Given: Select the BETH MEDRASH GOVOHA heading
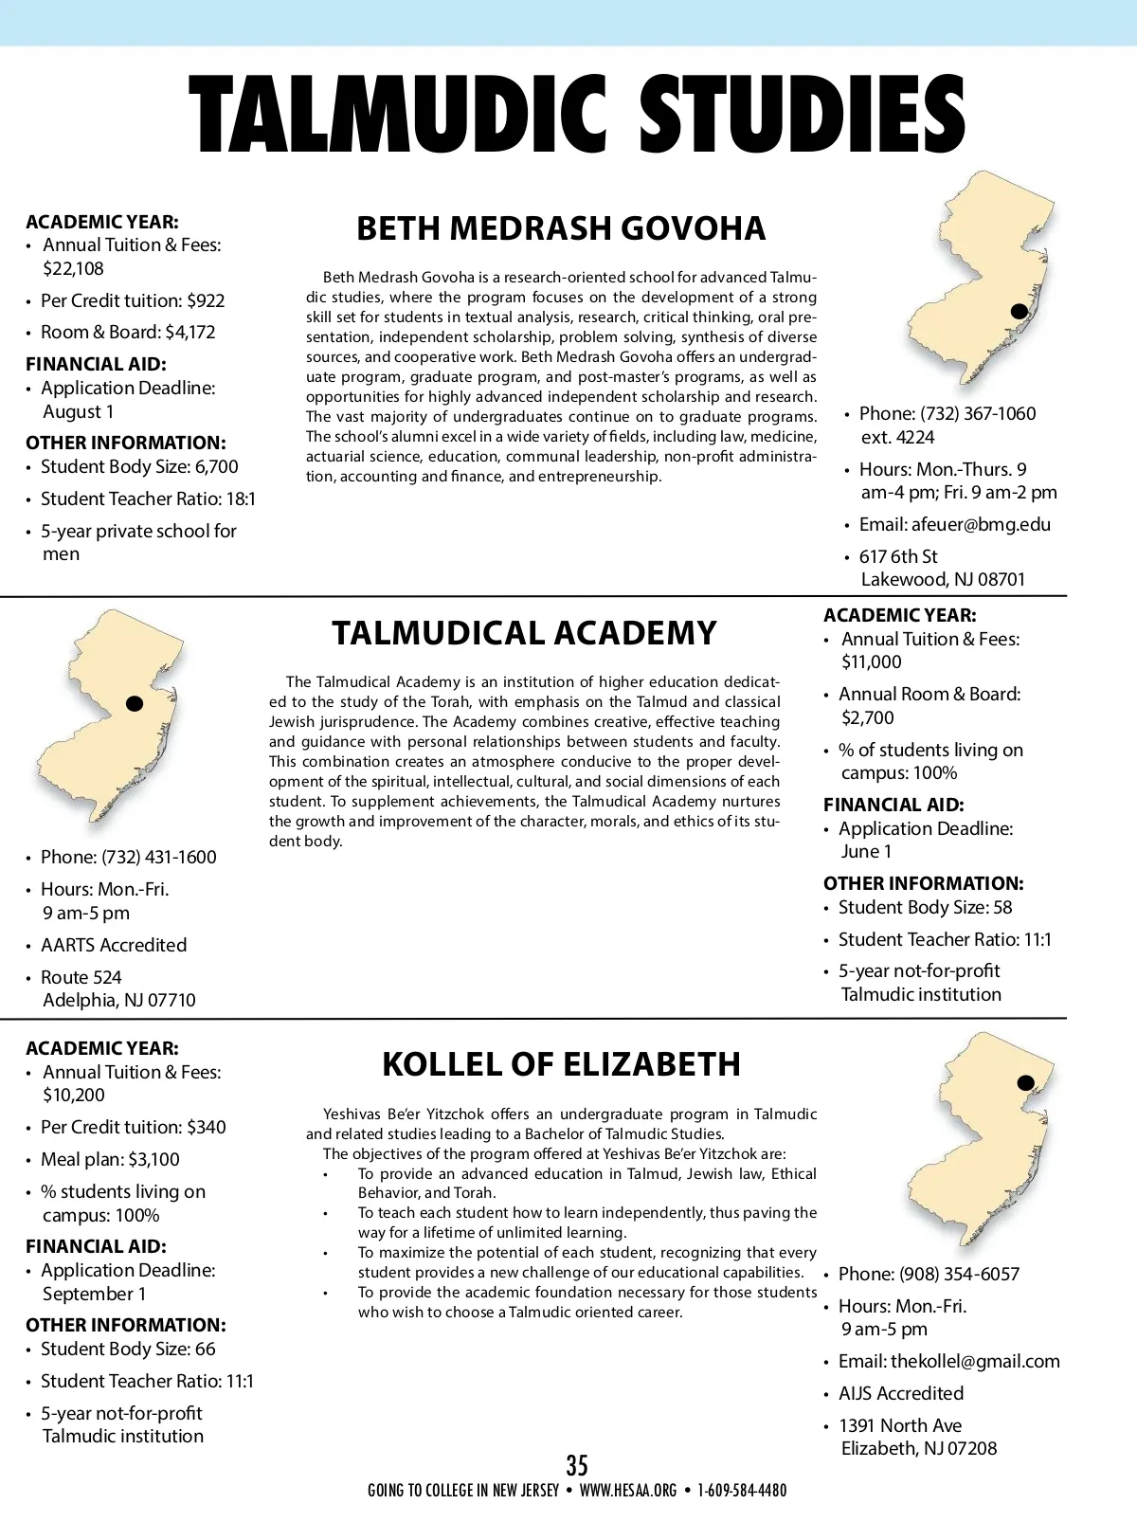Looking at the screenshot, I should click(x=561, y=228).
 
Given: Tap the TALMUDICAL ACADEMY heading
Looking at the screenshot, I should click(x=524, y=633).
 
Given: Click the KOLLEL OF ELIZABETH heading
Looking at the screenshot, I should click(x=561, y=1064).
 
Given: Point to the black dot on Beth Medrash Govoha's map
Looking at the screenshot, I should click(x=1020, y=311).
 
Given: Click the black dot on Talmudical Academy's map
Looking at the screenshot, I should click(x=135, y=703).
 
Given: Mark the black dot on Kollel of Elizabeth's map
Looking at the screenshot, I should click(x=1025, y=1082).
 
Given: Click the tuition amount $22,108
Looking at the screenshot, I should click(x=73, y=268).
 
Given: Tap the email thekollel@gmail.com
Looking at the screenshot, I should click(x=975, y=1361).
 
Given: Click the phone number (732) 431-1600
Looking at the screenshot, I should click(x=158, y=857).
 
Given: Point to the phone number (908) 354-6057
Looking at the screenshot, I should click(x=959, y=1274).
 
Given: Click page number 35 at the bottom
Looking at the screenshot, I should click(x=577, y=1465).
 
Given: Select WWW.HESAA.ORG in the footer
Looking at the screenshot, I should click(x=627, y=1491).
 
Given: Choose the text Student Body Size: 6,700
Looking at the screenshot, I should click(x=139, y=466).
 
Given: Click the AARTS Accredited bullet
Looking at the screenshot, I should click(x=114, y=945).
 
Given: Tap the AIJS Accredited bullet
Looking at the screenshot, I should click(x=900, y=1393).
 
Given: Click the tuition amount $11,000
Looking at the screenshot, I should click(x=871, y=661).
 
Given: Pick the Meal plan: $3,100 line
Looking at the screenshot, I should click(x=110, y=1159).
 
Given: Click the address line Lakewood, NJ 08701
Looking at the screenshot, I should click(x=943, y=579).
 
